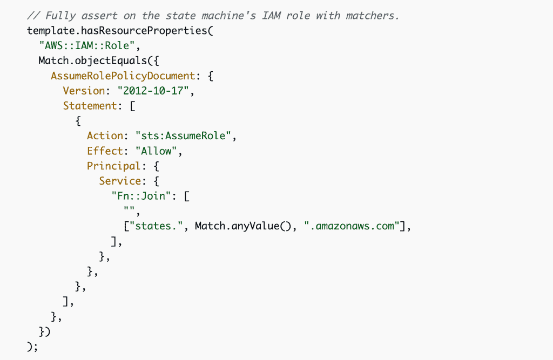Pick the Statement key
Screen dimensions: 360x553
[x=89, y=106]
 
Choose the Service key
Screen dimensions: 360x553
[x=119, y=181]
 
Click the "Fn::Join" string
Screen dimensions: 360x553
[x=145, y=196]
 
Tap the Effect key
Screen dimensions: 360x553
[x=104, y=151]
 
